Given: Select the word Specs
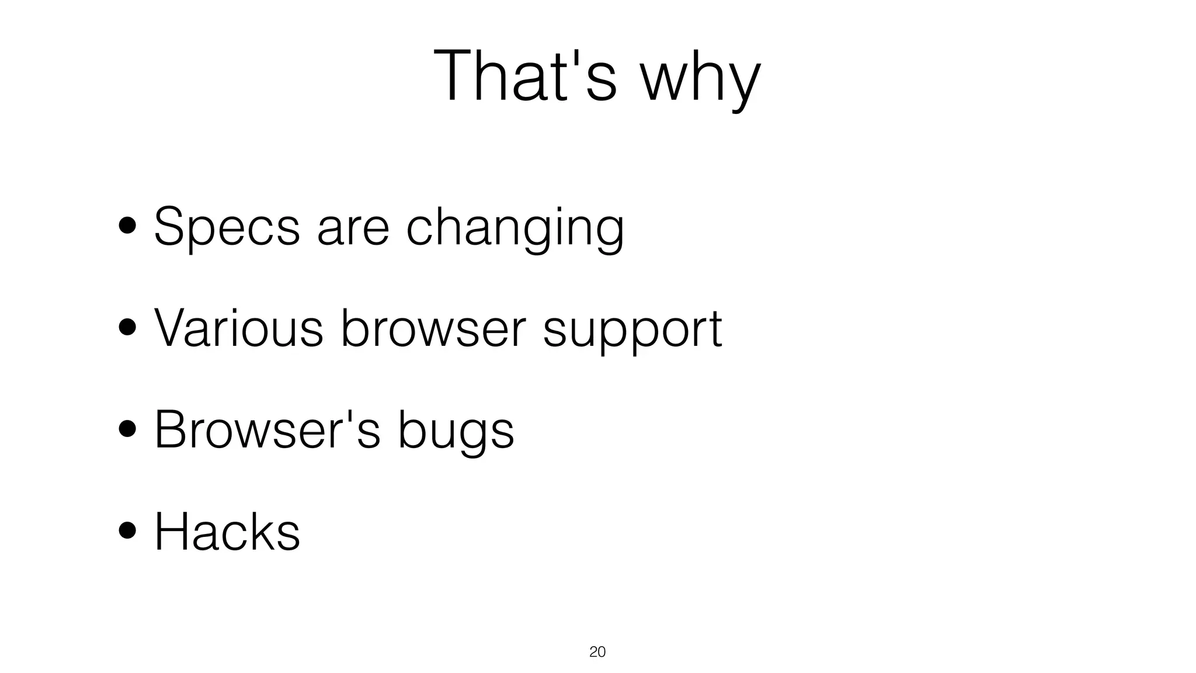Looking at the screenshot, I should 227,227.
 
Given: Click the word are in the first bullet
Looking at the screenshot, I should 353,228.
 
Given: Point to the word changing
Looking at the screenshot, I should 514,228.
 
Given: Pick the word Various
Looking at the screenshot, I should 238,328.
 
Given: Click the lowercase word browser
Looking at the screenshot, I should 433,328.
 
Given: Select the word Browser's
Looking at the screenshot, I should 267,429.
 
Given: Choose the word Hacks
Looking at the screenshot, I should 227,531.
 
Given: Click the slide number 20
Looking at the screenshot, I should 597,652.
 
